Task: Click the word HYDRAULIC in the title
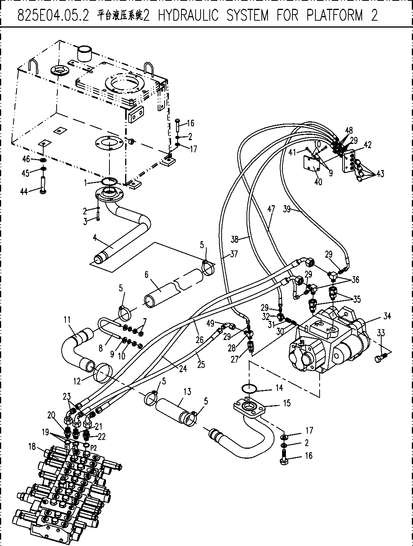188,15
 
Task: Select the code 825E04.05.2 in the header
53,15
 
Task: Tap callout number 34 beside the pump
387,316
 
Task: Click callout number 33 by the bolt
381,333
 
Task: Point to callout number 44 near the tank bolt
24,192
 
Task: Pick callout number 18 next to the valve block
32,446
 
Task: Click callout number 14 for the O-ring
279,387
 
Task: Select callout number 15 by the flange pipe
287,403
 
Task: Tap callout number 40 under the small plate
318,182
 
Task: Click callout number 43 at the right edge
380,173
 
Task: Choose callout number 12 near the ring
77,381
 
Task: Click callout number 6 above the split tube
147,275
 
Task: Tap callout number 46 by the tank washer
26,159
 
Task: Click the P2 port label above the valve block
93,448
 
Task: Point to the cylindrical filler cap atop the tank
84,53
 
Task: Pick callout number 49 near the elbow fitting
210,324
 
